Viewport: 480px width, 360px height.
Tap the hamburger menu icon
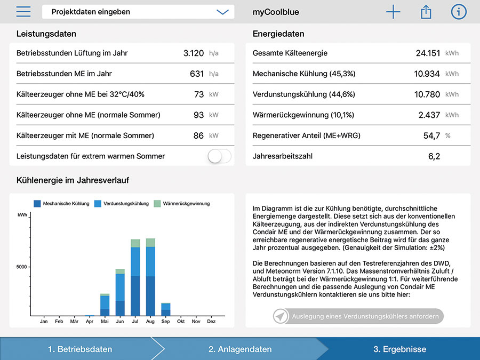(x=23, y=12)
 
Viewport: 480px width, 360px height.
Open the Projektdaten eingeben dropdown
(x=138, y=12)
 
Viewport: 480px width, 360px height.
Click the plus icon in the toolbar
(x=393, y=12)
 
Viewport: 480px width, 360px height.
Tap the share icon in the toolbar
(x=426, y=12)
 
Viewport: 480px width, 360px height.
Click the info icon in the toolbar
(x=459, y=12)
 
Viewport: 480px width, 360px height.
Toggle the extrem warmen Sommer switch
(x=220, y=156)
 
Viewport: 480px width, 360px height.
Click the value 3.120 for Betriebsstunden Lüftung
(x=194, y=53)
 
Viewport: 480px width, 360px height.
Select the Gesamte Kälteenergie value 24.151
(x=428, y=53)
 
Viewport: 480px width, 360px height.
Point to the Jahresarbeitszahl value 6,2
(x=434, y=156)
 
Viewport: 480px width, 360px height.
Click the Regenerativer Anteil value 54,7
(x=431, y=135)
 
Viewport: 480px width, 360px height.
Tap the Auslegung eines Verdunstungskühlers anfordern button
(x=358, y=316)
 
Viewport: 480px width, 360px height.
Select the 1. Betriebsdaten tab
(x=80, y=349)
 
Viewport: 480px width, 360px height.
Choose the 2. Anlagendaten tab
(x=241, y=349)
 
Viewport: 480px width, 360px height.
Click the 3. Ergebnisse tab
(x=400, y=349)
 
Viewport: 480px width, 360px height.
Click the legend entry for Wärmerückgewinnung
(x=182, y=204)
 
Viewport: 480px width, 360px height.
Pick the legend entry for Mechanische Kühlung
(x=61, y=204)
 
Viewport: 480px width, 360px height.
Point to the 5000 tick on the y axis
(x=22, y=267)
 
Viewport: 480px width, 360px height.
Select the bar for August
(x=150, y=277)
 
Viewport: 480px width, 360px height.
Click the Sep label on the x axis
(x=165, y=322)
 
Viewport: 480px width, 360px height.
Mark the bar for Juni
(x=120, y=292)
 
